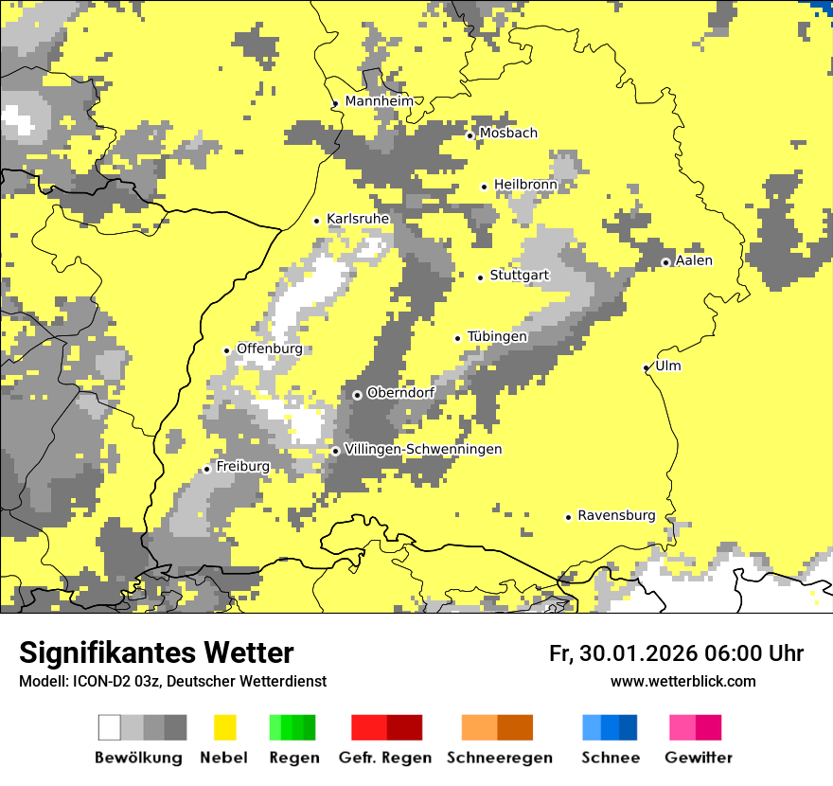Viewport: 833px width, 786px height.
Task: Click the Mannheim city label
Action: tap(379, 101)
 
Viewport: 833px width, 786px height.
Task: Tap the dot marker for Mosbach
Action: tap(470, 135)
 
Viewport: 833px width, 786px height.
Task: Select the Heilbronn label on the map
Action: tap(525, 185)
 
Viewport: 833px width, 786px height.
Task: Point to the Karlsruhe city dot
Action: tap(317, 221)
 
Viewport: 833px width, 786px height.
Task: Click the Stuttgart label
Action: tap(519, 276)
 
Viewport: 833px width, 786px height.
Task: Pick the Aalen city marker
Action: tap(665, 262)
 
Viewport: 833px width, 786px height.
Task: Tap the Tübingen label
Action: tap(497, 336)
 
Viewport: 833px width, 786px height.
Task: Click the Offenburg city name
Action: tap(269, 348)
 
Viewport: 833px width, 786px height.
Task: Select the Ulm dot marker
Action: tap(647, 367)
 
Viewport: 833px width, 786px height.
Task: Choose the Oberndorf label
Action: tap(400, 392)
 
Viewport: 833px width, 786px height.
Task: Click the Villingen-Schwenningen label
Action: tap(423, 449)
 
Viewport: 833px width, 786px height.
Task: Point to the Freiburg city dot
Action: tap(206, 469)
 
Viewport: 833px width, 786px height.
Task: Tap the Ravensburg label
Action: tap(616, 515)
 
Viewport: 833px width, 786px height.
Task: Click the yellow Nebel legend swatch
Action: tap(225, 727)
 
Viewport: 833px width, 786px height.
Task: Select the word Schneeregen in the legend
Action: tap(499, 758)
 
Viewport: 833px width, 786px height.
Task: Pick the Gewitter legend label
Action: tap(698, 758)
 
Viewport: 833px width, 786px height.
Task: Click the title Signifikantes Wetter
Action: tap(156, 652)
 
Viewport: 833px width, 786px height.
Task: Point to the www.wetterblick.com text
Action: tap(682, 681)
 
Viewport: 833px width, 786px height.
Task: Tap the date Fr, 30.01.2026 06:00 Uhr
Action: tap(676, 653)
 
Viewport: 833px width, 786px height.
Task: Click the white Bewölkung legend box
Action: tap(110, 727)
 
